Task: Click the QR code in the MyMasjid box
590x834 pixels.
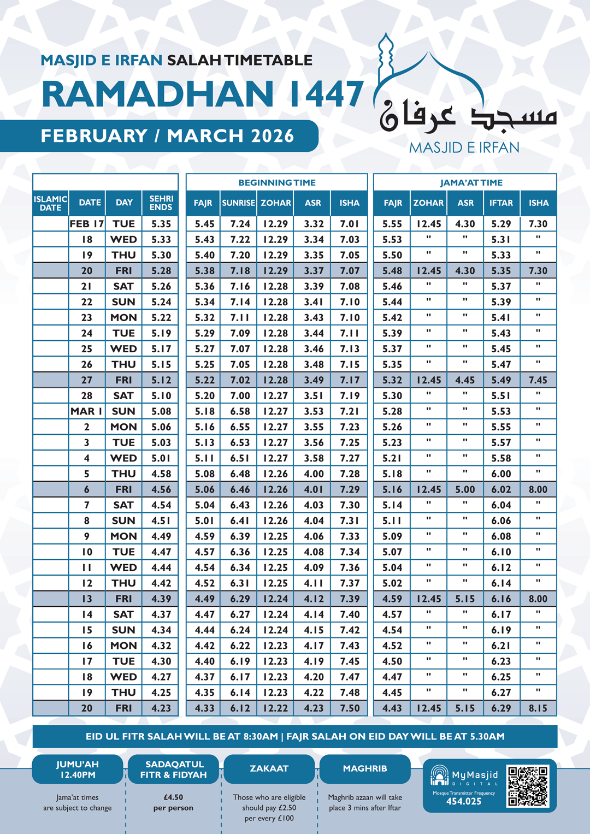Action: (x=527, y=786)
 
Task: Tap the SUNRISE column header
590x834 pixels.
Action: (x=239, y=203)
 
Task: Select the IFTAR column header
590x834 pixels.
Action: (x=501, y=203)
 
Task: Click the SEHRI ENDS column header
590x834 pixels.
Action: (x=161, y=203)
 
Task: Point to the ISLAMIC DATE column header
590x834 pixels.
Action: (x=50, y=203)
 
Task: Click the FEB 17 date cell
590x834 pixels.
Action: (x=87, y=224)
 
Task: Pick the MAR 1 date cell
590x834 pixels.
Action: (x=87, y=411)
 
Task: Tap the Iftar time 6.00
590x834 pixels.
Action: (x=501, y=474)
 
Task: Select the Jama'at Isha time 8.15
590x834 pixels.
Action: (x=538, y=708)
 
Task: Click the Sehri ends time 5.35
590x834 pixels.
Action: (x=161, y=224)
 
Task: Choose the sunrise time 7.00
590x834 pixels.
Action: (x=240, y=396)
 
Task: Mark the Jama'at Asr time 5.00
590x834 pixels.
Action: (x=465, y=490)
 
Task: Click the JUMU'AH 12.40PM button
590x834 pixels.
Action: (x=78, y=769)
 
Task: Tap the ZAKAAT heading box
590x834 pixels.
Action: (x=269, y=768)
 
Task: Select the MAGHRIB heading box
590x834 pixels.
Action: (x=365, y=768)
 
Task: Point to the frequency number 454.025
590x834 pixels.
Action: (x=464, y=801)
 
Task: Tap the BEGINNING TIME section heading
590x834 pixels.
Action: (x=277, y=182)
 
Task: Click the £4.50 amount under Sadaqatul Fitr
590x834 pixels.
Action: (x=173, y=797)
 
